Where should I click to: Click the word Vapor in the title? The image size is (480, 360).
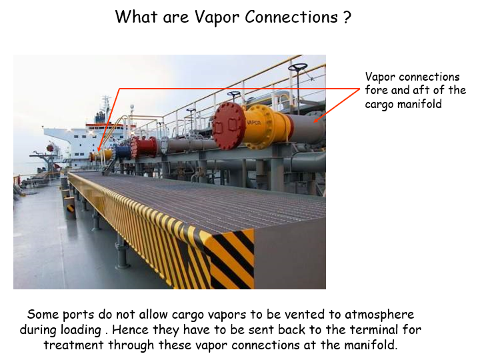point(217,18)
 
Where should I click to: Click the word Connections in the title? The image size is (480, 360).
point(291,17)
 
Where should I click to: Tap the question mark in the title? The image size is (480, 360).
point(347,17)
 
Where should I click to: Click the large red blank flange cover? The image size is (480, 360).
point(229,126)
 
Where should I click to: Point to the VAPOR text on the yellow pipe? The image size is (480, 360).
point(254,123)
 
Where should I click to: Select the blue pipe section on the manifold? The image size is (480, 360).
point(123,152)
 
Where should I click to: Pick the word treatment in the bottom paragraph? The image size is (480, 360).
point(73,345)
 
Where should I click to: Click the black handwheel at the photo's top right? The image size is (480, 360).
point(298,67)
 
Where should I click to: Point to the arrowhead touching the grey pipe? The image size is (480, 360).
point(316,120)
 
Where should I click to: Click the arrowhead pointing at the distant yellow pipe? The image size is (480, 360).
point(99,149)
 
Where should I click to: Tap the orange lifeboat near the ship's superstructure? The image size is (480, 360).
point(50,148)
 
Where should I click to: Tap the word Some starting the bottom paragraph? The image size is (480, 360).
point(43,315)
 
